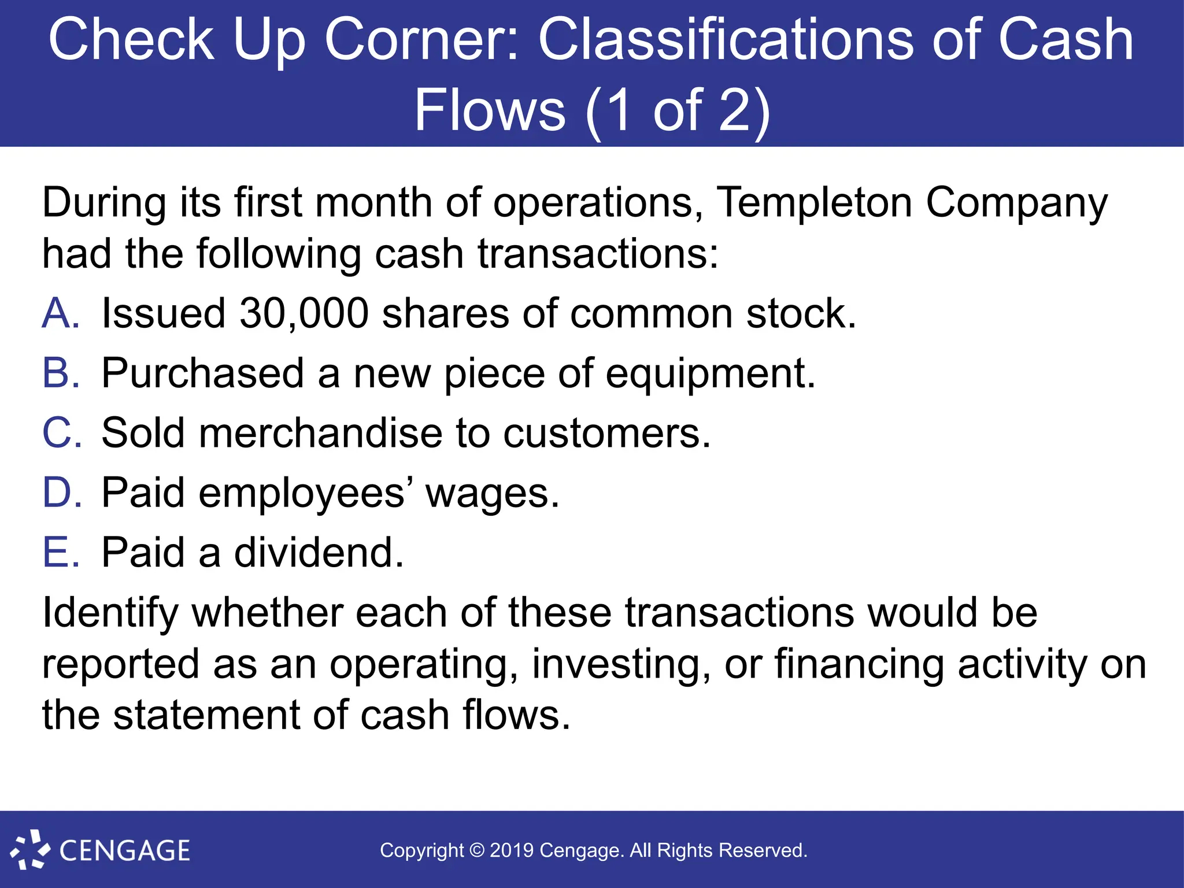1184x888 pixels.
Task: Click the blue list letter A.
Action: (60, 314)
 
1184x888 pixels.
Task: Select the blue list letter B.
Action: (60, 373)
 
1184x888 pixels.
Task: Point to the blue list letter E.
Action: (60, 553)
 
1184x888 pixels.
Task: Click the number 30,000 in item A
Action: (304, 314)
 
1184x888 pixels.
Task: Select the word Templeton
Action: (814, 203)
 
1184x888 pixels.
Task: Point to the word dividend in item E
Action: (318, 553)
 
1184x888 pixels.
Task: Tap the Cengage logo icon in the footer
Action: (30, 849)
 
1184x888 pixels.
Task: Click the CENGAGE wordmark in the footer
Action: (125, 851)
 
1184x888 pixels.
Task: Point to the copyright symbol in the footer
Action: (477, 850)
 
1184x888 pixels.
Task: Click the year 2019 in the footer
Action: (512, 850)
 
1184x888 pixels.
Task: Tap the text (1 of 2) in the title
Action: (677, 110)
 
